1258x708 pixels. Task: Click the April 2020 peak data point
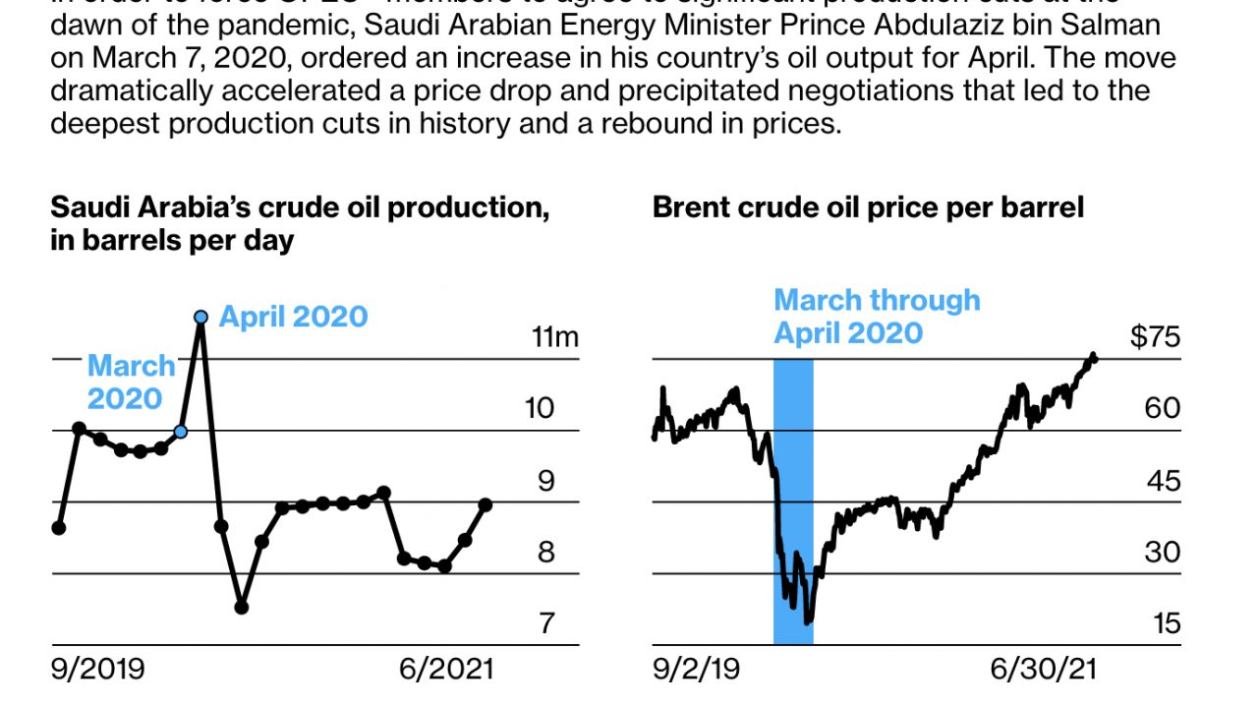click(200, 317)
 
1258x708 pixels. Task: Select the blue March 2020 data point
click(181, 432)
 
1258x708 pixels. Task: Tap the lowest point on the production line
click(242, 607)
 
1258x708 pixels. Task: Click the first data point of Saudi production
click(59, 528)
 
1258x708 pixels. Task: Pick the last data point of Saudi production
click(486, 504)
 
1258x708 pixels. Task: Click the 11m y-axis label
click(555, 337)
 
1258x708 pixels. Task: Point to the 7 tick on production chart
click(546, 623)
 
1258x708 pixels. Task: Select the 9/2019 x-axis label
click(97, 671)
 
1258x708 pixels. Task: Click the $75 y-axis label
click(1155, 337)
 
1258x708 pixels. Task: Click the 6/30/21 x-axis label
click(1043, 671)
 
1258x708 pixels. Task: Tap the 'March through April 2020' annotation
click(876, 316)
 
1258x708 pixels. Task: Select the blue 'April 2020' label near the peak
click(293, 317)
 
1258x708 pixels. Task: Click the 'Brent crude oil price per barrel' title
click(868, 207)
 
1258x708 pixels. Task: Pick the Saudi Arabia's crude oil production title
click(299, 223)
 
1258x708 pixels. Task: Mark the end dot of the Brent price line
click(1094, 358)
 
